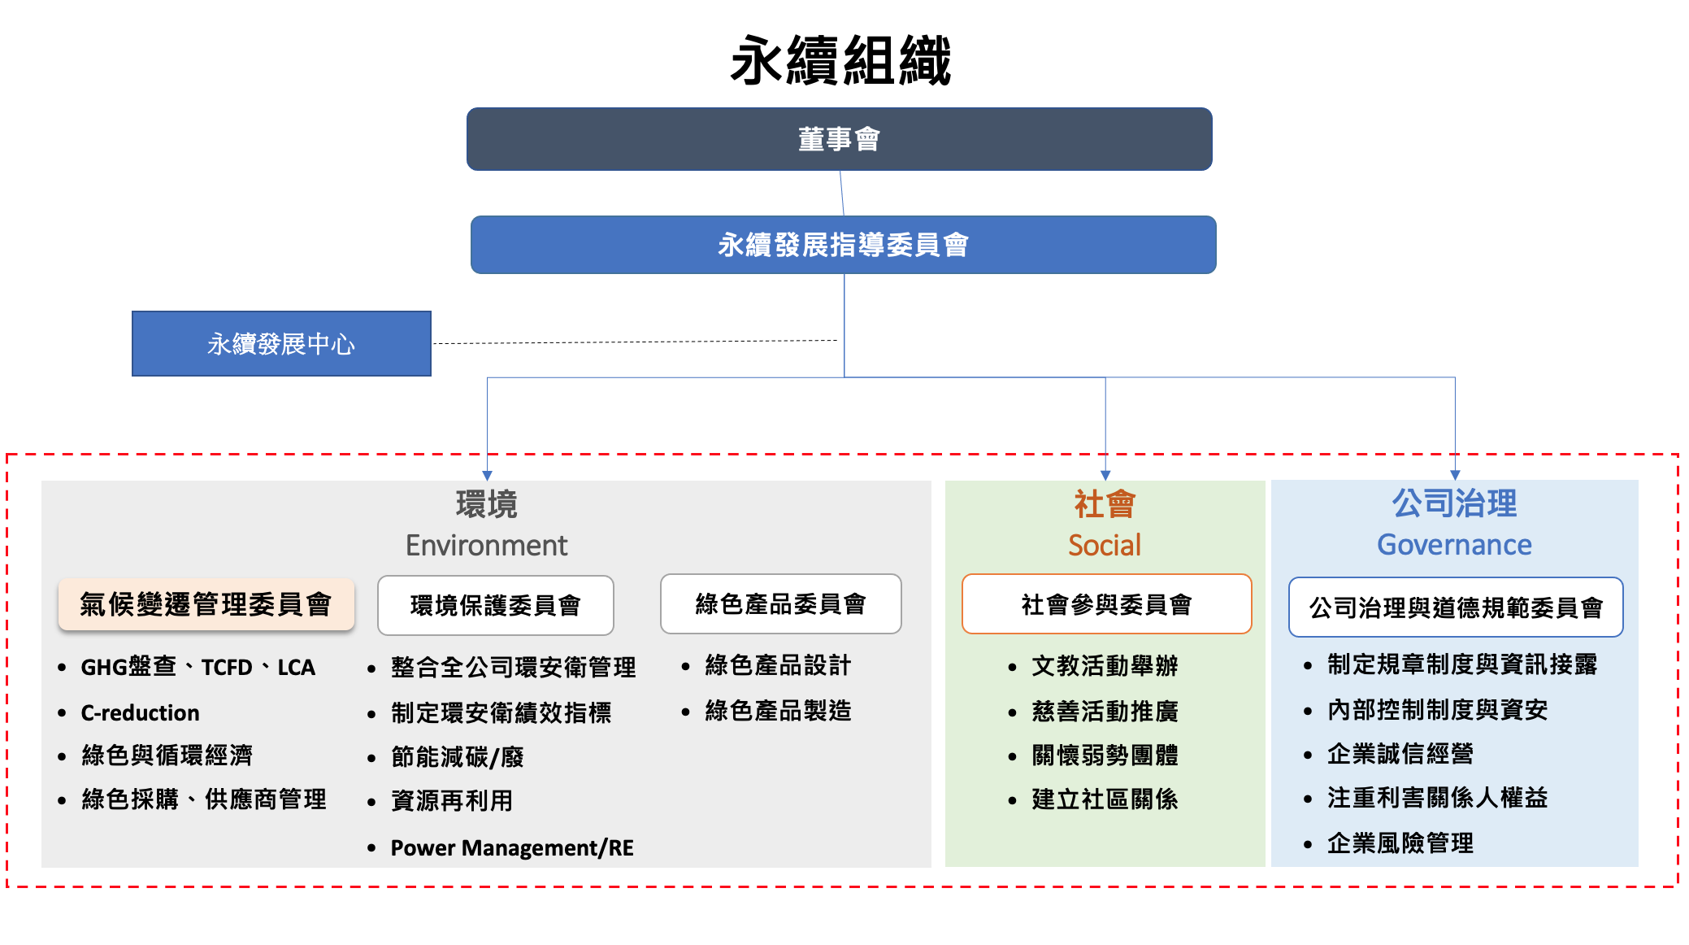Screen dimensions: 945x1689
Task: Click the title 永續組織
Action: pyautogui.click(x=840, y=61)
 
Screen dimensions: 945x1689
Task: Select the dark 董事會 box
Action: pyautogui.click(x=839, y=139)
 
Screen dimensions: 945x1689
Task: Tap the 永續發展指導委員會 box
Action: pyautogui.click(x=843, y=245)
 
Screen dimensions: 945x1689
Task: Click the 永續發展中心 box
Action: pyautogui.click(x=281, y=343)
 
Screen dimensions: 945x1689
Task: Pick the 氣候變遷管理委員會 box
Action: pyautogui.click(x=206, y=604)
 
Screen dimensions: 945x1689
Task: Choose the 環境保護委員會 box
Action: pyautogui.click(x=495, y=605)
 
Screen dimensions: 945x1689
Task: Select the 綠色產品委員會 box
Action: pyautogui.click(x=780, y=604)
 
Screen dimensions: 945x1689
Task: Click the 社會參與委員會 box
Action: pyautogui.click(x=1106, y=604)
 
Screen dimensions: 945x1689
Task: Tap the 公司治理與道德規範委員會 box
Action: pyautogui.click(x=1455, y=607)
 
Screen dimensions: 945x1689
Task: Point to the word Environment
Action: pyautogui.click(x=486, y=545)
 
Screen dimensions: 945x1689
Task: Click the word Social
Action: pyautogui.click(x=1105, y=545)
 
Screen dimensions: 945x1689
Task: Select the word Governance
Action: pyautogui.click(x=1454, y=545)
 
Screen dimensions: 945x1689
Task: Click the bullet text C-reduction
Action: pyautogui.click(x=140, y=712)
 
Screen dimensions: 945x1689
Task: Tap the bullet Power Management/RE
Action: pyautogui.click(x=511, y=847)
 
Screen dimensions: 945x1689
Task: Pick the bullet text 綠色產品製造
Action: pyautogui.click(x=778, y=711)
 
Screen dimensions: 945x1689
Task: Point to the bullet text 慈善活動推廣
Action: pyautogui.click(x=1105, y=712)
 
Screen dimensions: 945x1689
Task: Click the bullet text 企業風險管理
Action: pyautogui.click(x=1400, y=843)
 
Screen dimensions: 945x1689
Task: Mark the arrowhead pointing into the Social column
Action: pyautogui.click(x=1105, y=475)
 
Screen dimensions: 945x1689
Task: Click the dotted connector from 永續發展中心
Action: pyautogui.click(x=634, y=342)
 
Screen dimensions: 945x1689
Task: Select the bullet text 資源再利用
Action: pyautogui.click(x=452, y=801)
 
